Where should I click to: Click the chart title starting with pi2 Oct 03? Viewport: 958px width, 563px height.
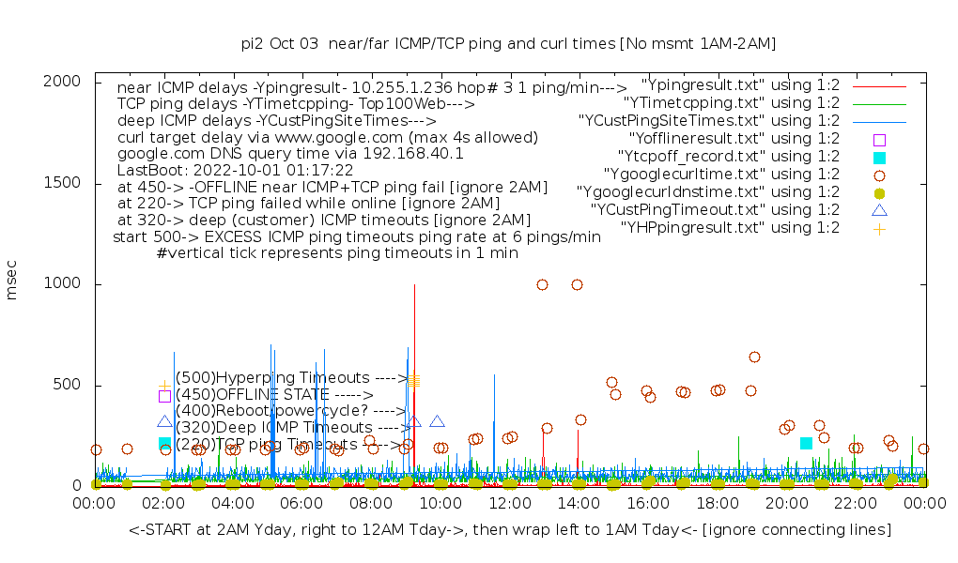pyautogui.click(x=508, y=43)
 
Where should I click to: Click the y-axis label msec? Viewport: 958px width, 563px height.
pyautogui.click(x=13, y=283)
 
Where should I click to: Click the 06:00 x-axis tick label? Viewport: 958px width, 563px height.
pyautogui.click(x=301, y=504)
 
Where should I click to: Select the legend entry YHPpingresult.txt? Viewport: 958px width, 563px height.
pyautogui.click(x=731, y=227)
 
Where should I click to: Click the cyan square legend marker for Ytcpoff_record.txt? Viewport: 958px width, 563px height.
pyautogui.click(x=879, y=157)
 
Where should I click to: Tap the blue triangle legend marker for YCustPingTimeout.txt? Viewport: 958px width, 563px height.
pyautogui.click(x=879, y=209)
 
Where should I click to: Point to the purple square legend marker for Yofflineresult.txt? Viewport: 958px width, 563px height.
pyautogui.click(x=879, y=139)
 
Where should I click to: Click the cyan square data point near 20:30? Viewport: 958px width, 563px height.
pyautogui.click(x=806, y=443)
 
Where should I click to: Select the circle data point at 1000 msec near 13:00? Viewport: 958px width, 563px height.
pyautogui.click(x=542, y=284)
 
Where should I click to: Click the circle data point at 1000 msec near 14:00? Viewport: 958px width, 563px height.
pyautogui.click(x=577, y=284)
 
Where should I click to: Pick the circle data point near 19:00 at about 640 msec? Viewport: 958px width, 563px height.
pyautogui.click(x=754, y=357)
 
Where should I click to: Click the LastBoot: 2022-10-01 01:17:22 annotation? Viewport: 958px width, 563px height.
pyautogui.click(x=235, y=171)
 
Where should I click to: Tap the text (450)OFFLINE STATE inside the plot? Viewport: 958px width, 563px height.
pyautogui.click(x=274, y=395)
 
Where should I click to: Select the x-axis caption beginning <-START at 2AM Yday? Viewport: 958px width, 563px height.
pyautogui.click(x=510, y=530)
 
